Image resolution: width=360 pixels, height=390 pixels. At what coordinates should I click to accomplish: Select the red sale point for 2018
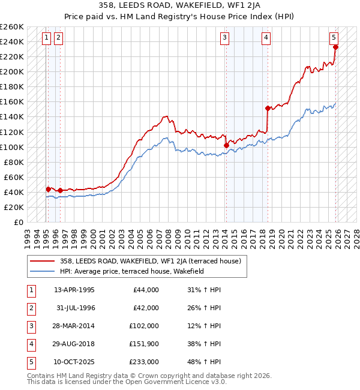tap(268, 108)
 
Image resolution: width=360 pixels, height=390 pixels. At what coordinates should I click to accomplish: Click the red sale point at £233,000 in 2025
tap(335, 47)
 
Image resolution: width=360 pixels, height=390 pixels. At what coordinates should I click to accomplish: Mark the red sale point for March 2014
tap(226, 145)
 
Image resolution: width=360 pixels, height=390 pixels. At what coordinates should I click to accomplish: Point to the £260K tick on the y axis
tap(12, 27)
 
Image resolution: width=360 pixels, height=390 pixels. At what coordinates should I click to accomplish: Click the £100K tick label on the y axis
tap(12, 147)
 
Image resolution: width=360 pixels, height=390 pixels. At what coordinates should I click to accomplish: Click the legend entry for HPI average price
tap(132, 271)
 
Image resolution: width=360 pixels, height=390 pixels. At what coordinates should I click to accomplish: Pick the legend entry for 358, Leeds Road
tap(150, 261)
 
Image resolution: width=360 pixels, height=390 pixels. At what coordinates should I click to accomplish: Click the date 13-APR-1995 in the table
tap(74, 290)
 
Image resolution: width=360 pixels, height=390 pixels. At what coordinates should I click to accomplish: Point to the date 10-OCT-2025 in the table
tap(74, 362)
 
